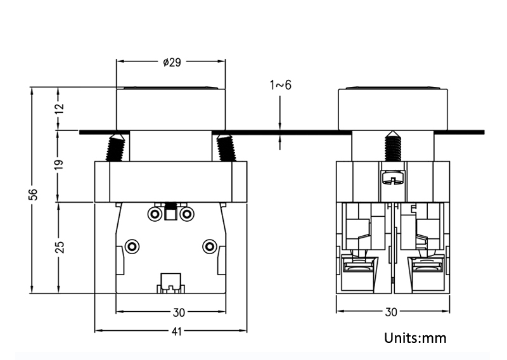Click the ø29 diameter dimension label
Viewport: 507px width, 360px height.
tap(172, 62)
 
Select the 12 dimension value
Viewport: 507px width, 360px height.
tap(59, 108)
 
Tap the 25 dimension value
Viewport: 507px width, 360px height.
tap(59, 247)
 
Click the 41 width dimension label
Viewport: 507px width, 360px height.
tap(170, 331)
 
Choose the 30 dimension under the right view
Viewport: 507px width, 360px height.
tap(390, 312)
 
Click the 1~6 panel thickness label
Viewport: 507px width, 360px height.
tap(280, 85)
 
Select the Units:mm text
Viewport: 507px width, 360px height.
tap(415, 338)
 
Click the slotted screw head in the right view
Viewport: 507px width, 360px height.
tap(392, 179)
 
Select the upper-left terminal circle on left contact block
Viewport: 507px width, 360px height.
tap(155, 214)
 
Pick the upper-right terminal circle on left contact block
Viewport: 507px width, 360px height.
tap(186, 214)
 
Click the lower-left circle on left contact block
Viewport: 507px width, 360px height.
tap(132, 245)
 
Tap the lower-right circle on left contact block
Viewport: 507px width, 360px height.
tap(209, 245)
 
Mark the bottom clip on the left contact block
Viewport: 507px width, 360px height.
tap(170, 282)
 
